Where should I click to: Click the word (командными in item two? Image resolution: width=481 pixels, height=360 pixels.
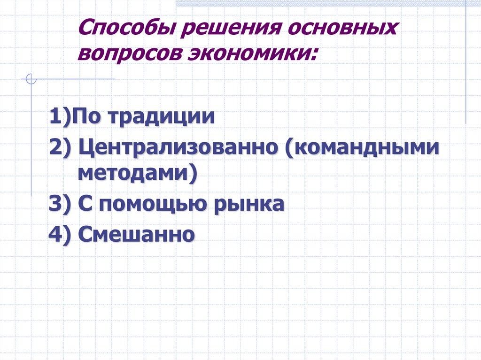362,149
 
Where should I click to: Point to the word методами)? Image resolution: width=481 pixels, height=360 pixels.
137,174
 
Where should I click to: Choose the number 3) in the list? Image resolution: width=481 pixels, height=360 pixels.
60,205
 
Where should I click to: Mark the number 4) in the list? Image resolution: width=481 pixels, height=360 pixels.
60,234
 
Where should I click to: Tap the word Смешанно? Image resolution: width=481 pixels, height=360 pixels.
136,233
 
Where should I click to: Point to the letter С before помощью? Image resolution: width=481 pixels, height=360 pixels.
85,205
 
